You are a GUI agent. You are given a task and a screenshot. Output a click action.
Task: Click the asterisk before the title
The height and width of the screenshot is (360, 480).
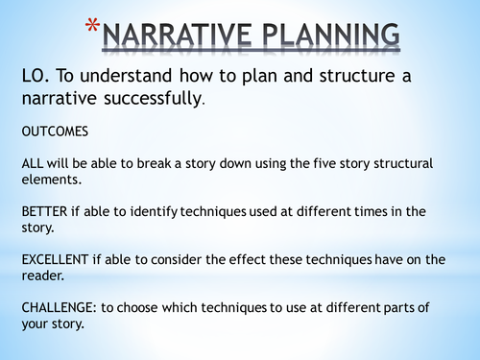(x=91, y=26)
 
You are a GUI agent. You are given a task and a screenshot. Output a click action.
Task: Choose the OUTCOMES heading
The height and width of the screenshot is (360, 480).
(x=55, y=131)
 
